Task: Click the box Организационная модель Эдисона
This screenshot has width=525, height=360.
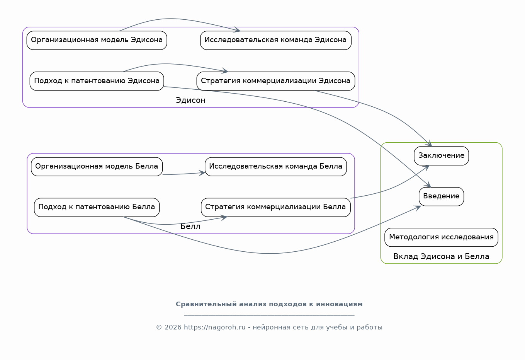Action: [x=97, y=40]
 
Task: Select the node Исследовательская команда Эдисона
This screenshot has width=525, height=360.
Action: [x=275, y=40]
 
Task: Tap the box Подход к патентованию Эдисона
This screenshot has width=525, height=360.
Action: [x=97, y=81]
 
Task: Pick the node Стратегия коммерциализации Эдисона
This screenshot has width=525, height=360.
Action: [x=275, y=81]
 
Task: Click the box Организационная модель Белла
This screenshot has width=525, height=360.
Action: [x=97, y=167]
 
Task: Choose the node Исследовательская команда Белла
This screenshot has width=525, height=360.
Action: [x=275, y=167]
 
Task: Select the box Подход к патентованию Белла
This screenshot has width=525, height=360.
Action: [x=97, y=207]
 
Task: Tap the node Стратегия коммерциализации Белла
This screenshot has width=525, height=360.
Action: [x=275, y=207]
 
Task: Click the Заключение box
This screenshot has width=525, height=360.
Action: [x=441, y=156]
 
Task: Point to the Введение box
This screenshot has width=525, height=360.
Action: [x=441, y=196]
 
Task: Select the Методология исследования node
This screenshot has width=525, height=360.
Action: [x=441, y=237]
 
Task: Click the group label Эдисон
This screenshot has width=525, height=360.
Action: [x=190, y=101]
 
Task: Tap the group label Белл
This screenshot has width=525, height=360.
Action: [x=190, y=227]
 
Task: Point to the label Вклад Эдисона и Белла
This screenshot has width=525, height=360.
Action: [x=441, y=257]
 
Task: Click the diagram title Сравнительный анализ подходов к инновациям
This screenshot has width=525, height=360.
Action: [x=269, y=304]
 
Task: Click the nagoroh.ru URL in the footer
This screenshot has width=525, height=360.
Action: [x=215, y=327]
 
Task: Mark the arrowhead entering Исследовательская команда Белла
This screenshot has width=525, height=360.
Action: [x=202, y=173]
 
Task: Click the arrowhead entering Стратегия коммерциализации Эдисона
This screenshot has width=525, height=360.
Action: [x=225, y=71]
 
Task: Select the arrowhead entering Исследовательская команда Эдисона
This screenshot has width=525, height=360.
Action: [x=237, y=30]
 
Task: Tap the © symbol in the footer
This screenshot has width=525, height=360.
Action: [x=159, y=328]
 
